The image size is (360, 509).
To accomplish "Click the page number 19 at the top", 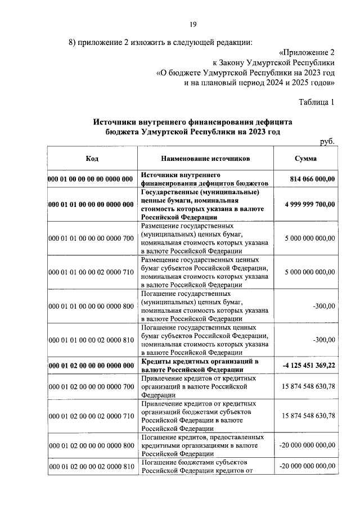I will (192, 24).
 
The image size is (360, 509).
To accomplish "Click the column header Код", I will (92, 159).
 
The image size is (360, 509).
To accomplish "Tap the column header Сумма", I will (306, 159).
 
